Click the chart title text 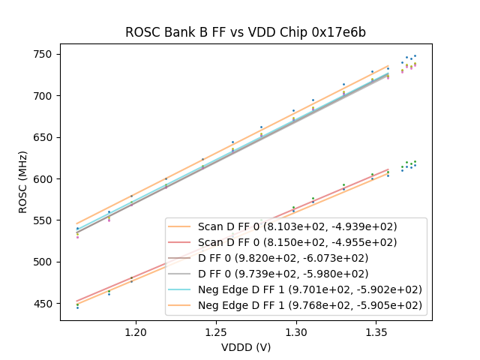click(x=245, y=32)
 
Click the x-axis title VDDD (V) click(x=245, y=347)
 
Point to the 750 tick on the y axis click(x=45, y=55)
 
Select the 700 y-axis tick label click(x=45, y=96)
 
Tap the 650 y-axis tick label click(x=45, y=138)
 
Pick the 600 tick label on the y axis click(x=45, y=179)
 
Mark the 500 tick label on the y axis click(x=45, y=262)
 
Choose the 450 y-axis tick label click(x=45, y=304)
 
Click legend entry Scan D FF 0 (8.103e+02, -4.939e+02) click(x=297, y=226)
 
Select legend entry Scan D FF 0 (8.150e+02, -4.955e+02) click(x=297, y=242)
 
